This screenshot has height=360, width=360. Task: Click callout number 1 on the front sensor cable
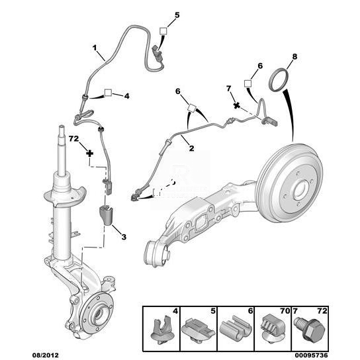point(95,48)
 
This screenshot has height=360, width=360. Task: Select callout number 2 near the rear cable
point(191,148)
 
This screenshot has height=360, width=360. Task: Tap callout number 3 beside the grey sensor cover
point(124,237)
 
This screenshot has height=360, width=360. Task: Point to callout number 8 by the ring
point(294,56)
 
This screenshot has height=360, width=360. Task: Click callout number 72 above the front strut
point(73,139)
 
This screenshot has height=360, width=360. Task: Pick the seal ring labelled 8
point(279,79)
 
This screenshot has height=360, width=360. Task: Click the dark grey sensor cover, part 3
point(106,215)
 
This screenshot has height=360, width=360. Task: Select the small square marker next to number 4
point(108,93)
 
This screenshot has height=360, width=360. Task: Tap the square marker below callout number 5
point(163,30)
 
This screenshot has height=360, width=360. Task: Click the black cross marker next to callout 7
point(236,105)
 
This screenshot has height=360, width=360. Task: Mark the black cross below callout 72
point(90,154)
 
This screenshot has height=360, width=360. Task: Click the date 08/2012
point(45,355)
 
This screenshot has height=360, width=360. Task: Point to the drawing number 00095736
point(311,355)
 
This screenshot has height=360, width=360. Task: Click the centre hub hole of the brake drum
point(301,190)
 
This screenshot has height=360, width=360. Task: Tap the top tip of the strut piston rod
point(62,126)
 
